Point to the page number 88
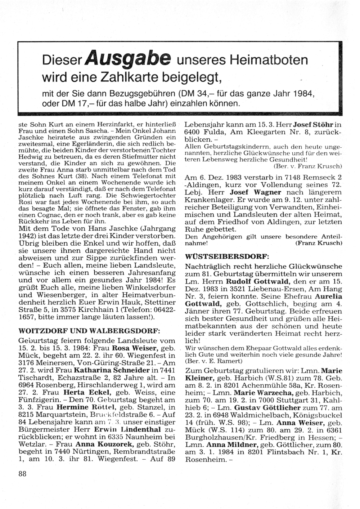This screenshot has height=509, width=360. point(22,474)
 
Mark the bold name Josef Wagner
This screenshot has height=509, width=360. point(256,192)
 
